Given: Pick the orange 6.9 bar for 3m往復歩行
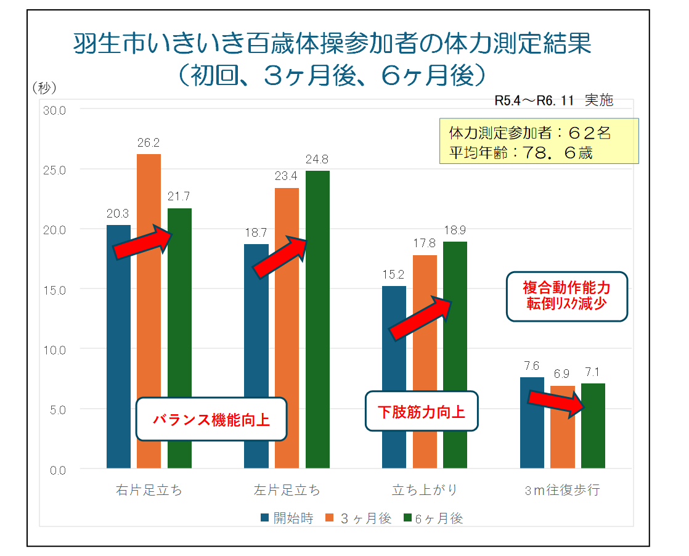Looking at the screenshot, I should pos(562,431).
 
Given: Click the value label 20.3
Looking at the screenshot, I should pos(117,215).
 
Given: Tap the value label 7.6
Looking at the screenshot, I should pos(532,367).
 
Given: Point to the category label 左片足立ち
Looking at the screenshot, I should pos(287,491).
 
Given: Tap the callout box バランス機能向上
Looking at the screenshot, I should pos(211,420).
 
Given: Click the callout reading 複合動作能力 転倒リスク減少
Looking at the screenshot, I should pos(566,296).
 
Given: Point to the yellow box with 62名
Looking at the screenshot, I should pos(538,142).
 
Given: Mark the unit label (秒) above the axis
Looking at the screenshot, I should pos(44,88).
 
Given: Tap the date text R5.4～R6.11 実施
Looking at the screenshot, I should pos(553,101).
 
